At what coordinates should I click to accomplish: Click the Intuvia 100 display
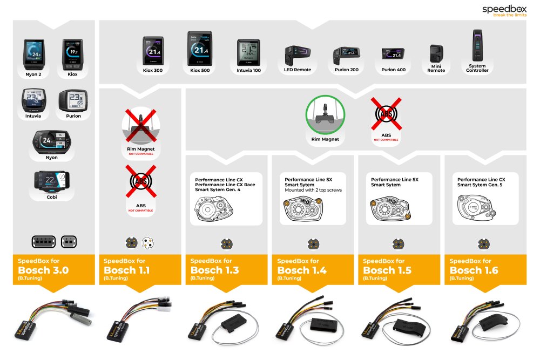pos(248,53)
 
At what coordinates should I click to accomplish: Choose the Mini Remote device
pos(436,55)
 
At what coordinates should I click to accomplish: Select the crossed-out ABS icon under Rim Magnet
pos(386,114)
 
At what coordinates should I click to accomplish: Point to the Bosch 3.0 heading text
pos(43,270)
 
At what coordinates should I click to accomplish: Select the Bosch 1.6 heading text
pos(474,270)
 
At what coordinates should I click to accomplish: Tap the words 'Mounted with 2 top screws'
pos(313,190)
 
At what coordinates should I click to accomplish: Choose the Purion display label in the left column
pos(73,116)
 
